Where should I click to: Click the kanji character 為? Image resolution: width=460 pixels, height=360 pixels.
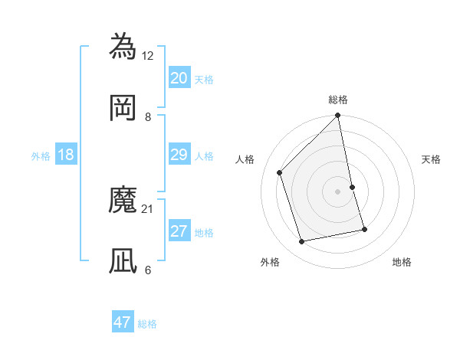pyautogui.click(x=123, y=46)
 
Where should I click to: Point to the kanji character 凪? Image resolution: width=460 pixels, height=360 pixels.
pyautogui.click(x=123, y=260)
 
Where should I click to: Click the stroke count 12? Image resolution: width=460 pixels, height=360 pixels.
pyautogui.click(x=149, y=55)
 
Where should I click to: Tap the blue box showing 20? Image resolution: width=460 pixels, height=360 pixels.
pyautogui.click(x=179, y=78)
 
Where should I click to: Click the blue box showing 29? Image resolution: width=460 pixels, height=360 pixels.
pyautogui.click(x=179, y=155)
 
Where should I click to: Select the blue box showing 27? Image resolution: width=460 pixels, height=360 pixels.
pyautogui.click(x=179, y=231)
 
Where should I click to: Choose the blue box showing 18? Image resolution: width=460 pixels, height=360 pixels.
pyautogui.click(x=66, y=155)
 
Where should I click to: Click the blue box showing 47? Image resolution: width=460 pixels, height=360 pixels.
pyautogui.click(x=123, y=322)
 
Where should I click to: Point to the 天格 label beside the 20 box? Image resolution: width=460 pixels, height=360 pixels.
pyautogui.click(x=204, y=80)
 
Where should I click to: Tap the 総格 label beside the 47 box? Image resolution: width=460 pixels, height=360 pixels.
pyautogui.click(x=147, y=324)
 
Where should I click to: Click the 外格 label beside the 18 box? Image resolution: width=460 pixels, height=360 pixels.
pyautogui.click(x=41, y=156)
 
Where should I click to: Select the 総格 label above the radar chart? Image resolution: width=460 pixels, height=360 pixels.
pyautogui.click(x=338, y=100)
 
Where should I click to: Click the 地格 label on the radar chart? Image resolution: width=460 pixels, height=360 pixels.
pyautogui.click(x=402, y=262)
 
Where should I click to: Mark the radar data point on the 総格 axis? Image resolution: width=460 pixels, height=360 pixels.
pyautogui.click(x=338, y=116)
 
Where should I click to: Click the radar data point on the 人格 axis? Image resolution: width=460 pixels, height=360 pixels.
pyautogui.click(x=280, y=172)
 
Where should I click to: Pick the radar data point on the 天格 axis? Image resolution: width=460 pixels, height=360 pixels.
pyautogui.click(x=353, y=187)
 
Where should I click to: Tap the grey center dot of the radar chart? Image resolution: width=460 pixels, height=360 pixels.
pyautogui.click(x=338, y=191)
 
